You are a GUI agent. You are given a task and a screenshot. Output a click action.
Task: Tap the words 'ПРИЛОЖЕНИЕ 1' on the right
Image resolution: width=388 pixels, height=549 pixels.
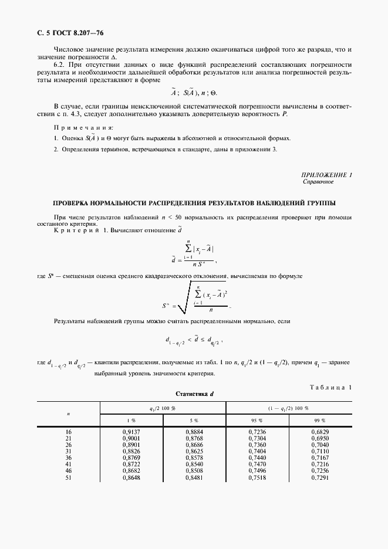326,175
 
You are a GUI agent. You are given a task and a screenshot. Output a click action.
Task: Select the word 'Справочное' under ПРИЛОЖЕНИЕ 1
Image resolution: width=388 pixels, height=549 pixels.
318,182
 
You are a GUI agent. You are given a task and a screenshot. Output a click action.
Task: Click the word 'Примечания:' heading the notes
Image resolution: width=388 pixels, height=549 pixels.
83,127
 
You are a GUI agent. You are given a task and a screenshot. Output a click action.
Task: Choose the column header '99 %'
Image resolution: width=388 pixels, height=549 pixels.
320,421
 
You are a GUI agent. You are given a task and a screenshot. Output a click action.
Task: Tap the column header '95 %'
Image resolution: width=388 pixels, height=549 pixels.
257,421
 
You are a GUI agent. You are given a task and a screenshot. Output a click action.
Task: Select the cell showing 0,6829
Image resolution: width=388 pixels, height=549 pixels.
320,432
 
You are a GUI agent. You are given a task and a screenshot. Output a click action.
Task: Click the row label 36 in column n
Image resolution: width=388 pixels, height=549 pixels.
68,458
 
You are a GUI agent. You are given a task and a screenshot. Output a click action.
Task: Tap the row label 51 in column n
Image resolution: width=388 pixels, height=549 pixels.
68,477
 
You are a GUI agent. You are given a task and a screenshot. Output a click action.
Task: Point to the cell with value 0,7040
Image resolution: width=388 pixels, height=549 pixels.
320,445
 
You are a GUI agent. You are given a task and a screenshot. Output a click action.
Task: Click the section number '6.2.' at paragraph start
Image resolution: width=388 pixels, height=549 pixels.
60,65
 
